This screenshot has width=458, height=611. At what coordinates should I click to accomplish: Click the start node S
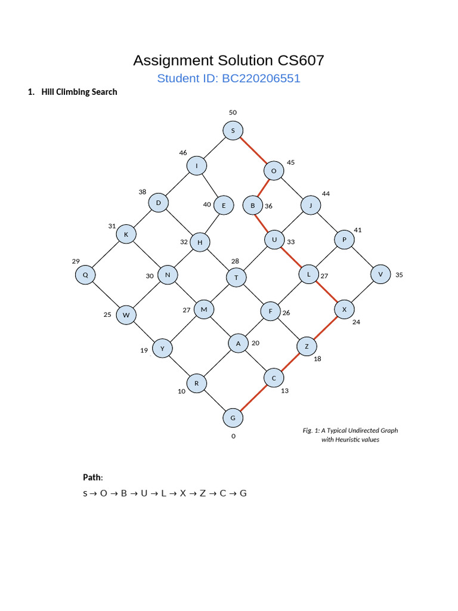233,131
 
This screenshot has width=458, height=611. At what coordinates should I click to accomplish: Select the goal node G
233,418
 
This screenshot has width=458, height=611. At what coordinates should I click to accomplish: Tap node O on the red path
274,171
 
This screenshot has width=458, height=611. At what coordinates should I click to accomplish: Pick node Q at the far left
85,275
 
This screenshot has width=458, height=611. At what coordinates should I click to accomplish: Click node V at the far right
380,274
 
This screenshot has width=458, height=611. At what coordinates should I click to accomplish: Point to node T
236,277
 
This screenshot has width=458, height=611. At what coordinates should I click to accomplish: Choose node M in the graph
204,309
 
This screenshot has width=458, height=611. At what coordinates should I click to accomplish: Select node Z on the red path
307,346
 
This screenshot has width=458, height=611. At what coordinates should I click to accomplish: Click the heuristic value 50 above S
233,112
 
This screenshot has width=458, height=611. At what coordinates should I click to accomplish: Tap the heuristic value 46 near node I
183,153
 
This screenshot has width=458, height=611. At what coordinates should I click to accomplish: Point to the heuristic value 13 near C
284,391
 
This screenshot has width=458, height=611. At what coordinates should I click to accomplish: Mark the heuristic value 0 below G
233,436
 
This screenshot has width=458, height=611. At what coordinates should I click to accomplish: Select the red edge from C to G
253,398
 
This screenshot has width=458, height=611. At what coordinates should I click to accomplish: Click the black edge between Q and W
105,295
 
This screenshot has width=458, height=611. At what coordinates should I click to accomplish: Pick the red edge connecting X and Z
325,328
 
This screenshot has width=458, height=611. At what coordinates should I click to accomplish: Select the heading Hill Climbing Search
79,92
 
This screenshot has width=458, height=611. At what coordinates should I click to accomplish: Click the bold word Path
92,477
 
